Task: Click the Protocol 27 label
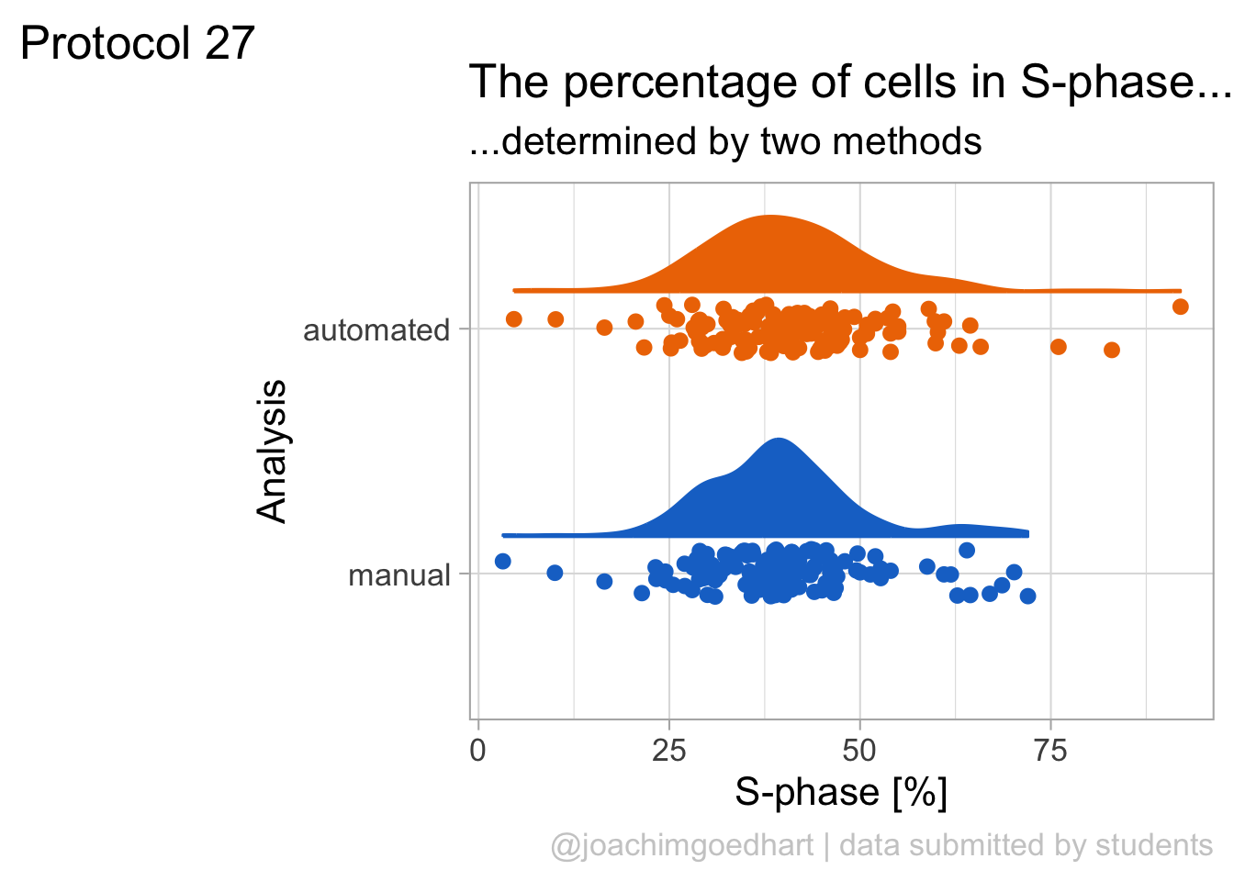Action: (138, 43)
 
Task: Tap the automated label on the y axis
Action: (376, 330)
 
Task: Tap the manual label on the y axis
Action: (399, 576)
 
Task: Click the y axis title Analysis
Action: (273, 452)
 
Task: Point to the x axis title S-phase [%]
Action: (841, 792)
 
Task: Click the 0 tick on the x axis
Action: (477, 751)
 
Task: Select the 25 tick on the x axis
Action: (668, 751)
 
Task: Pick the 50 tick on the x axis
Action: (859, 751)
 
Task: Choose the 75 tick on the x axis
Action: (1050, 751)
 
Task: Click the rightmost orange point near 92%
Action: (1181, 307)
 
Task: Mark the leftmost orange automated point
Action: (514, 319)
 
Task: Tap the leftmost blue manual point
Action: (502, 562)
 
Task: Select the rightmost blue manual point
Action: (1027, 597)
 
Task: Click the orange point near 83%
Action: (1112, 350)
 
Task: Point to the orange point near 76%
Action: (1059, 347)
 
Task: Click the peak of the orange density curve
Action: (769, 217)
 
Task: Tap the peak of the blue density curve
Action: (779, 440)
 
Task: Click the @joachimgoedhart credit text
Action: (682, 845)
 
